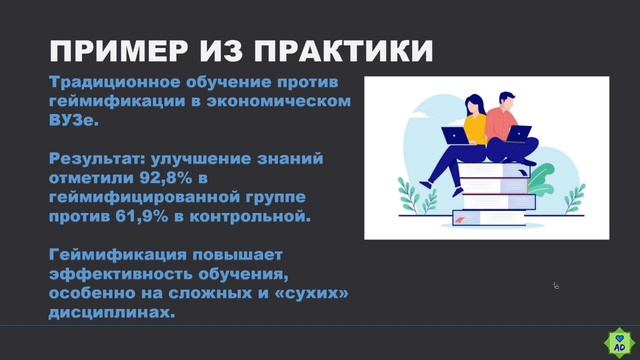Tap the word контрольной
pos(258,214)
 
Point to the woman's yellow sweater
pos(472,128)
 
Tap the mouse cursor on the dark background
pos(556,286)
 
